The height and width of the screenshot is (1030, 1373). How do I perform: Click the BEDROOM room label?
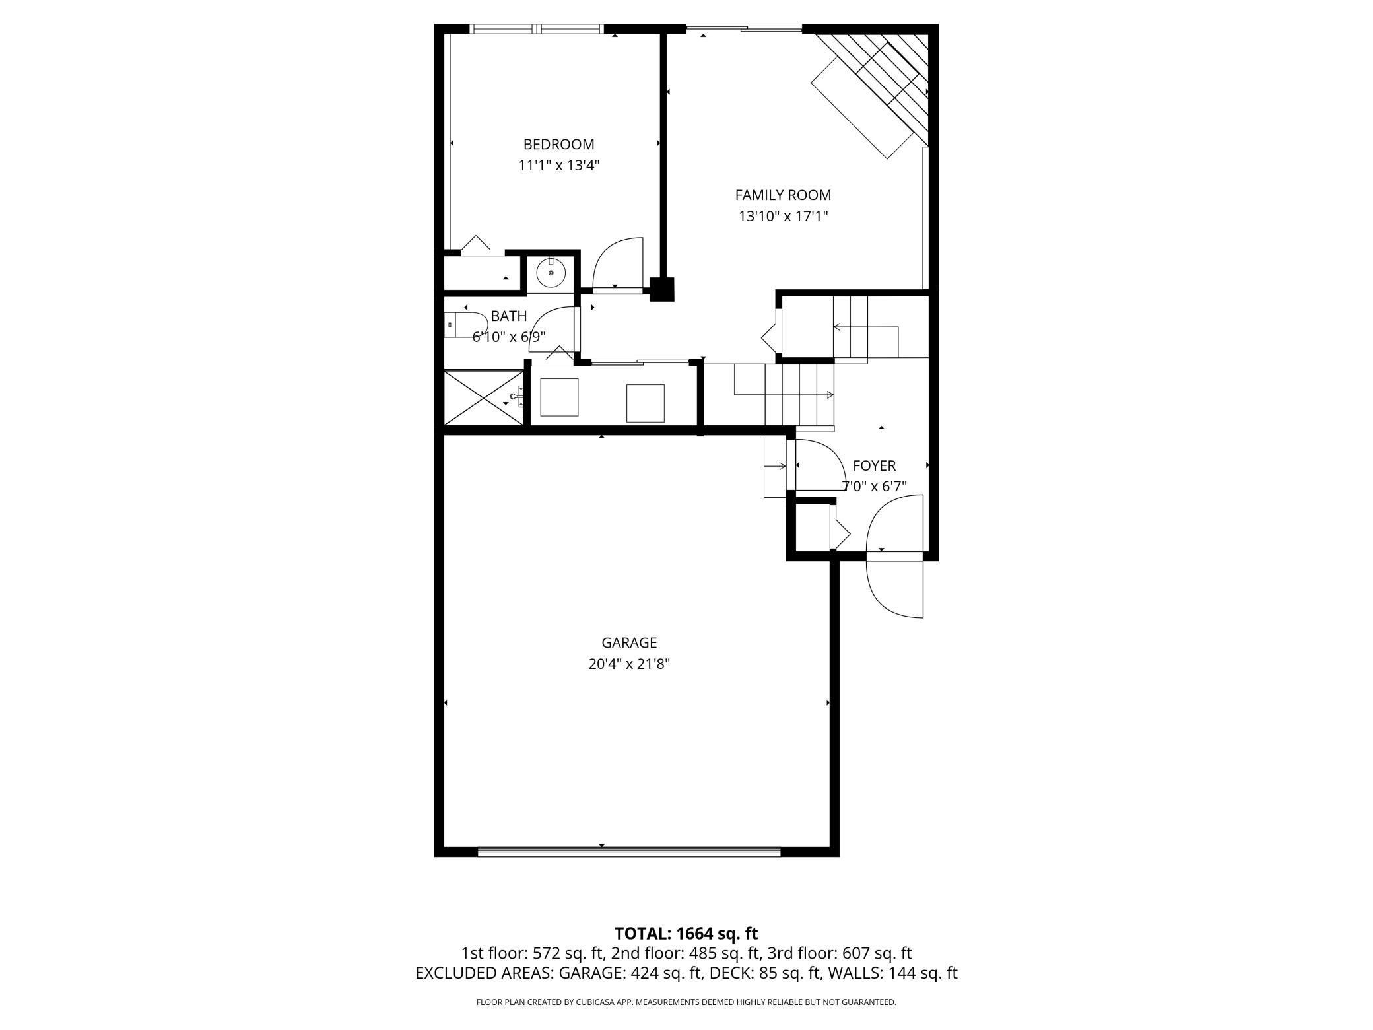[558, 144]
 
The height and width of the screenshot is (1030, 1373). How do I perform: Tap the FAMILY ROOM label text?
[783, 195]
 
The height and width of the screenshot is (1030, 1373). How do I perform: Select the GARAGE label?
[629, 642]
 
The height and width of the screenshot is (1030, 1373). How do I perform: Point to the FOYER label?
[874, 466]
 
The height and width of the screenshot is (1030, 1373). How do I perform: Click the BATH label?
[509, 316]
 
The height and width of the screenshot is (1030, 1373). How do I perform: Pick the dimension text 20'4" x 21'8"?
[629, 664]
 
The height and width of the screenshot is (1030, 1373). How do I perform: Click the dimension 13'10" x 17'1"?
[783, 216]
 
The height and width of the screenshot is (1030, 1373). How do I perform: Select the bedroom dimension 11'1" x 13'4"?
[558, 165]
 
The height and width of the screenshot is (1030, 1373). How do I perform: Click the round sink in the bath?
[551, 272]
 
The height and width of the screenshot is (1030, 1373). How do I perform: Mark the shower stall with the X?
[483, 397]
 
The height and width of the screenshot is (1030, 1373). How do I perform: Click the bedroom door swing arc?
[617, 264]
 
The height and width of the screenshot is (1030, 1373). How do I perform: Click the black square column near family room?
[661, 289]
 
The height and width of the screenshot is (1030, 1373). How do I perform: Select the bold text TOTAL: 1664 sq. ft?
[686, 934]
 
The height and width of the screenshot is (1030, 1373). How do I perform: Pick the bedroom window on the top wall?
[536, 29]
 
